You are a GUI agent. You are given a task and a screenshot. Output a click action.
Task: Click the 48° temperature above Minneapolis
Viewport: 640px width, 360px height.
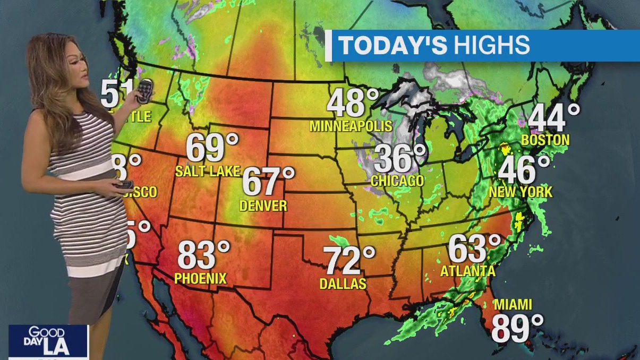click(x=353, y=104)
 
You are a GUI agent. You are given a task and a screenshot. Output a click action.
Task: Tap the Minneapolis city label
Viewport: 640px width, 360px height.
click(x=351, y=126)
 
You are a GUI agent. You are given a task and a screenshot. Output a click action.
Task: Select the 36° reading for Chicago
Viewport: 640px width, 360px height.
click(x=400, y=158)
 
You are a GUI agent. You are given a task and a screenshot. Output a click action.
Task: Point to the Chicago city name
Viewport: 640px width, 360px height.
click(x=397, y=181)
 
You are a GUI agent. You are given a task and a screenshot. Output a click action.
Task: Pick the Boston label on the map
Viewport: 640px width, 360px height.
click(x=545, y=140)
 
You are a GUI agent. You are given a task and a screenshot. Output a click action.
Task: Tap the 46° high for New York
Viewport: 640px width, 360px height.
click(x=524, y=170)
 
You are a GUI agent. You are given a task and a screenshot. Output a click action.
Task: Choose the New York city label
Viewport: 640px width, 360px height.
click(x=520, y=192)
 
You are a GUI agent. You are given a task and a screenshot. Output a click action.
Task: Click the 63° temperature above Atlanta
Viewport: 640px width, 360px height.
click(x=474, y=248)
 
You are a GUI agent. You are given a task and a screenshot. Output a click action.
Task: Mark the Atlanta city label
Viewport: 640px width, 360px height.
click(x=468, y=271)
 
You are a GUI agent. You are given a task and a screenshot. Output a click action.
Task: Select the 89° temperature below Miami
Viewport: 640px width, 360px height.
click(x=517, y=328)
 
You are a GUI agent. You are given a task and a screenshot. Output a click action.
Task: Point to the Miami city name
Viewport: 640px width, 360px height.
click(x=513, y=305)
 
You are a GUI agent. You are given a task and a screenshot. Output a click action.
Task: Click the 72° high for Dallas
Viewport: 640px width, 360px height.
click(x=349, y=261)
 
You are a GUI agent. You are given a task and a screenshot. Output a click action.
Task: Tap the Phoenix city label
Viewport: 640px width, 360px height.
click(x=201, y=278)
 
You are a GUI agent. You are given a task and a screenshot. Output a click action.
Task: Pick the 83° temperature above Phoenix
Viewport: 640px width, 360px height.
click(x=203, y=255)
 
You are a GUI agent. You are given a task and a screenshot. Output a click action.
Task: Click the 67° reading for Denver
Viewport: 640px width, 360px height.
click(x=268, y=182)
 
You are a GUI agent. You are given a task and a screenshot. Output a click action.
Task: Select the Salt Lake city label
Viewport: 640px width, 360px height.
click(x=208, y=171)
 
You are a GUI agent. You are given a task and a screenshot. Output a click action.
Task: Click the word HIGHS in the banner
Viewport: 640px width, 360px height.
click(x=491, y=46)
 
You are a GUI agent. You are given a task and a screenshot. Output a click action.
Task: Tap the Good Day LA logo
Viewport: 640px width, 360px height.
click(x=48, y=341)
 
